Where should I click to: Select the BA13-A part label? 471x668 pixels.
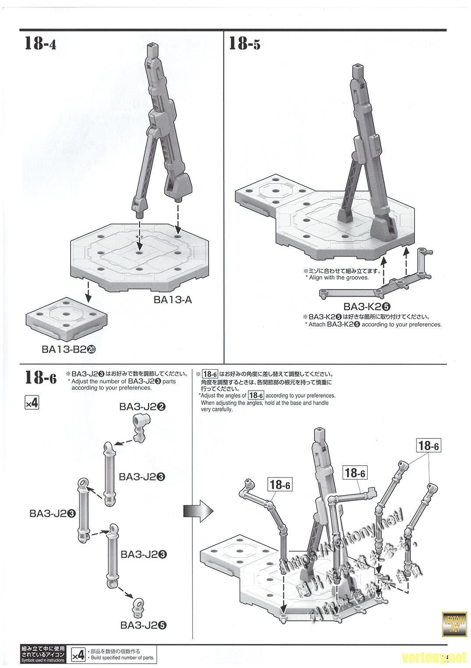(173, 300)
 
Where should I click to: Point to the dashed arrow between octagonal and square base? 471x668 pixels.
(89, 291)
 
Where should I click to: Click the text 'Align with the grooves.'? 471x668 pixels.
(339, 278)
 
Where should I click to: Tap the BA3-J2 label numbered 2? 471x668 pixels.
(142, 406)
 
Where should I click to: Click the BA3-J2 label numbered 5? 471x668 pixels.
(144, 625)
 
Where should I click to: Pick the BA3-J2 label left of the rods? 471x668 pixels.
(53, 513)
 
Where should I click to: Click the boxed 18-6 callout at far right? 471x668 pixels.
(428, 446)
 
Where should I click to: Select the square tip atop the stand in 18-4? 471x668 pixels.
(152, 47)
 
